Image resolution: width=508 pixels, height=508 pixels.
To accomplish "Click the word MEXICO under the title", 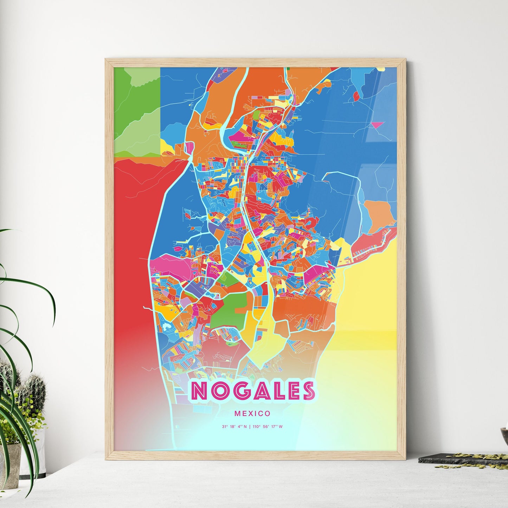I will pyautogui.click(x=252, y=414).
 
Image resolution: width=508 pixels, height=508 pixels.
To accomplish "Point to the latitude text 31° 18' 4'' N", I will pyautogui.click(x=234, y=427).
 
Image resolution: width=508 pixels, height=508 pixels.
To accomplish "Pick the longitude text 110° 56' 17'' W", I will pyautogui.click(x=267, y=427).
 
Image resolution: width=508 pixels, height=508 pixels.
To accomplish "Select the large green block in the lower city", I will pyautogui.click(x=227, y=309).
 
